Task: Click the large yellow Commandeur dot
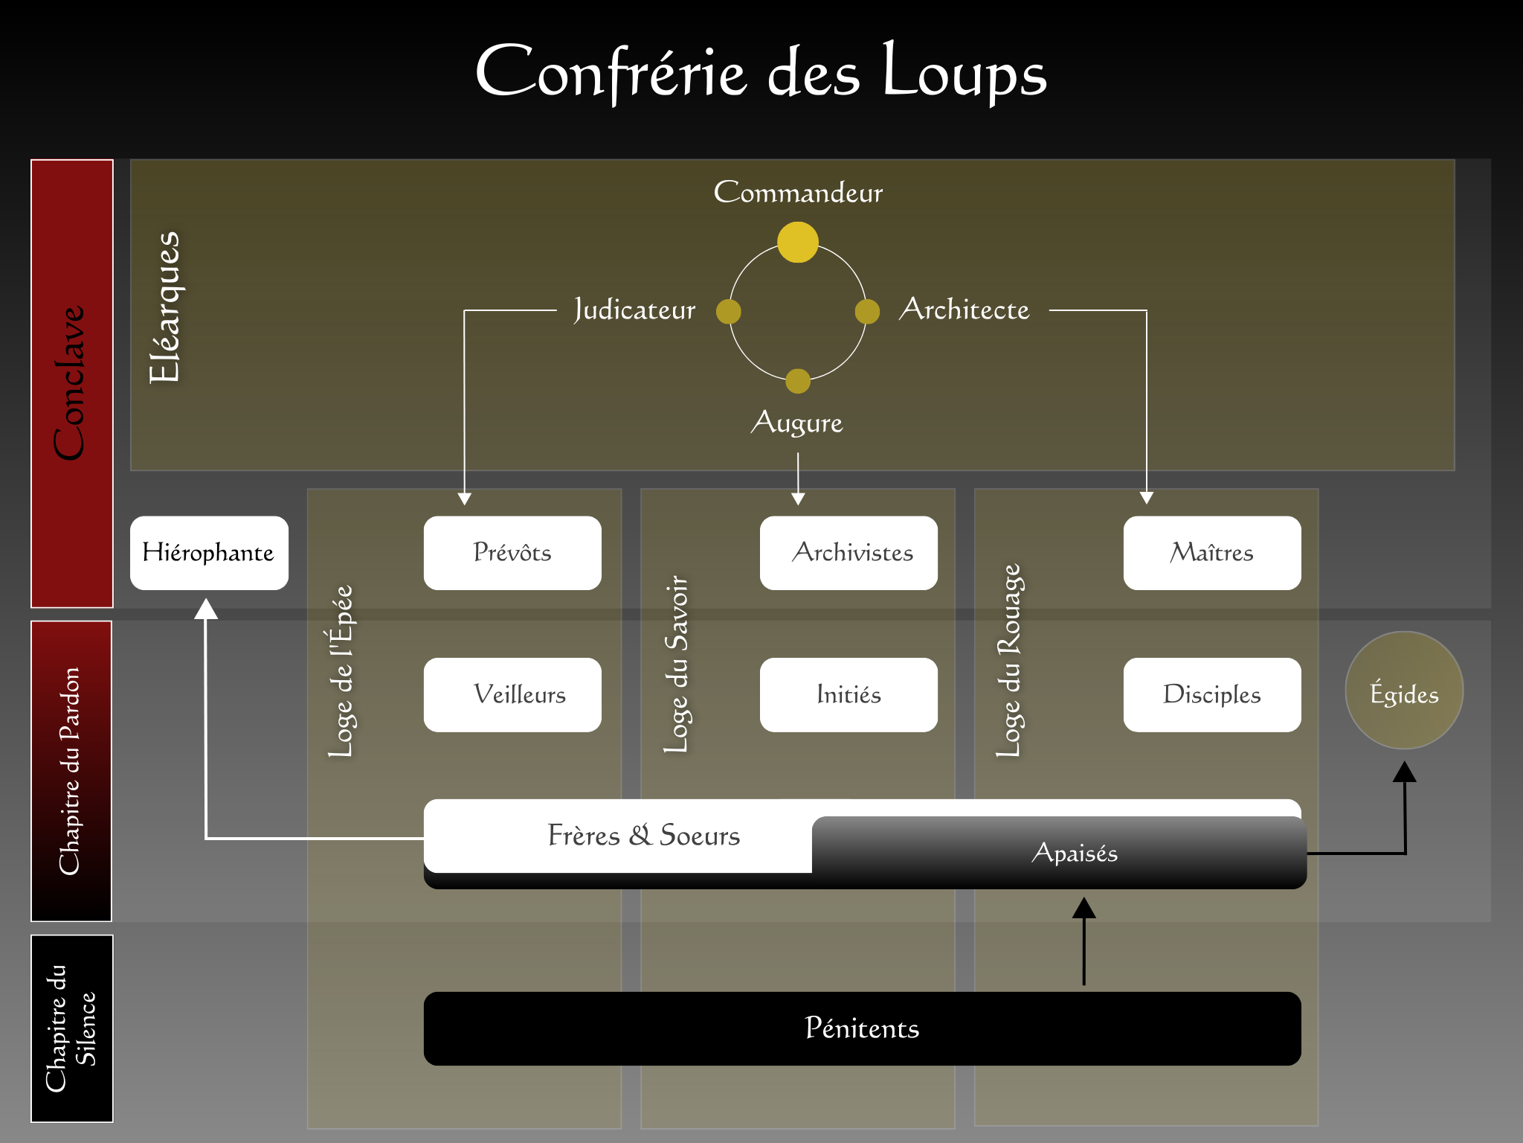click(x=798, y=242)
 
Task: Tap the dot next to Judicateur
click(x=728, y=312)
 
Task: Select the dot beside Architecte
click(x=867, y=312)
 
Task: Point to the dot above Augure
click(x=798, y=381)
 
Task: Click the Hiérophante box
click(x=209, y=553)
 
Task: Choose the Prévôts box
click(x=512, y=553)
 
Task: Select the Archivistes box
click(x=849, y=553)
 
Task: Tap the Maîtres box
click(x=1212, y=553)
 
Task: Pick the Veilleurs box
click(x=512, y=695)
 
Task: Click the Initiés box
click(x=849, y=695)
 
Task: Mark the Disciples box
click(x=1212, y=695)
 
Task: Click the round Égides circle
click(x=1404, y=691)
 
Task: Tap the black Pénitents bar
click(x=862, y=1028)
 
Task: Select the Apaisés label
click(x=1075, y=853)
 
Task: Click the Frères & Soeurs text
click(x=644, y=836)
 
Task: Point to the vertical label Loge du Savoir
click(x=677, y=664)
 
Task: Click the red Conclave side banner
click(x=72, y=383)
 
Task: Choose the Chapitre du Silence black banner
click(x=72, y=1028)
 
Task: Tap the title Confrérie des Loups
click(x=761, y=72)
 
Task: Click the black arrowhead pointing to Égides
click(x=1404, y=772)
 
